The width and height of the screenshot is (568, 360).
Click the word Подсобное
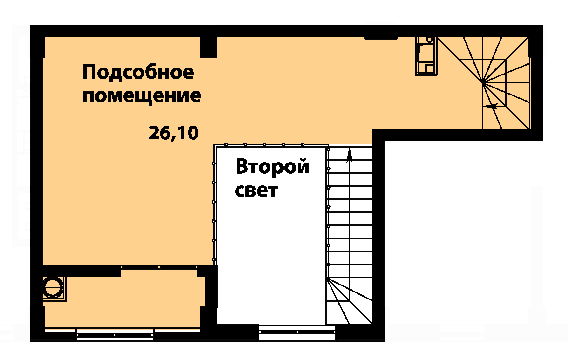coord(138,72)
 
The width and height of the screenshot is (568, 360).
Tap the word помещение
coord(142,96)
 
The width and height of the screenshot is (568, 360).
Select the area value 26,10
coord(174,133)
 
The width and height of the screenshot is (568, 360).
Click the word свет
coord(257,191)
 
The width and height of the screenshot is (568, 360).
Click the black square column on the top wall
coord(209,47)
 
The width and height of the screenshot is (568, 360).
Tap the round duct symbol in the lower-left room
coord(53,287)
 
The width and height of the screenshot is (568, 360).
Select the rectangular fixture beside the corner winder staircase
coord(426,56)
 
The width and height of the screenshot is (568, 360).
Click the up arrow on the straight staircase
coord(350,155)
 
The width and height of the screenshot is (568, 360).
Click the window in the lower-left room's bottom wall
coord(115,335)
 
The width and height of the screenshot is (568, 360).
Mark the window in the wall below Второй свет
coord(297,332)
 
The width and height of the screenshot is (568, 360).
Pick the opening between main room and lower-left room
coord(159,267)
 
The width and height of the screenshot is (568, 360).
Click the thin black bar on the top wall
coord(381,38)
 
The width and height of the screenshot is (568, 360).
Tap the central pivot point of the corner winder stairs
coord(482,82)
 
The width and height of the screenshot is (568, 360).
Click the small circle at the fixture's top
coord(430,39)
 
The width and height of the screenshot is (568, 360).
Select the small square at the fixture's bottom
coord(430,68)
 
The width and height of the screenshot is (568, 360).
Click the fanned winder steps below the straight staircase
coord(349,301)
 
